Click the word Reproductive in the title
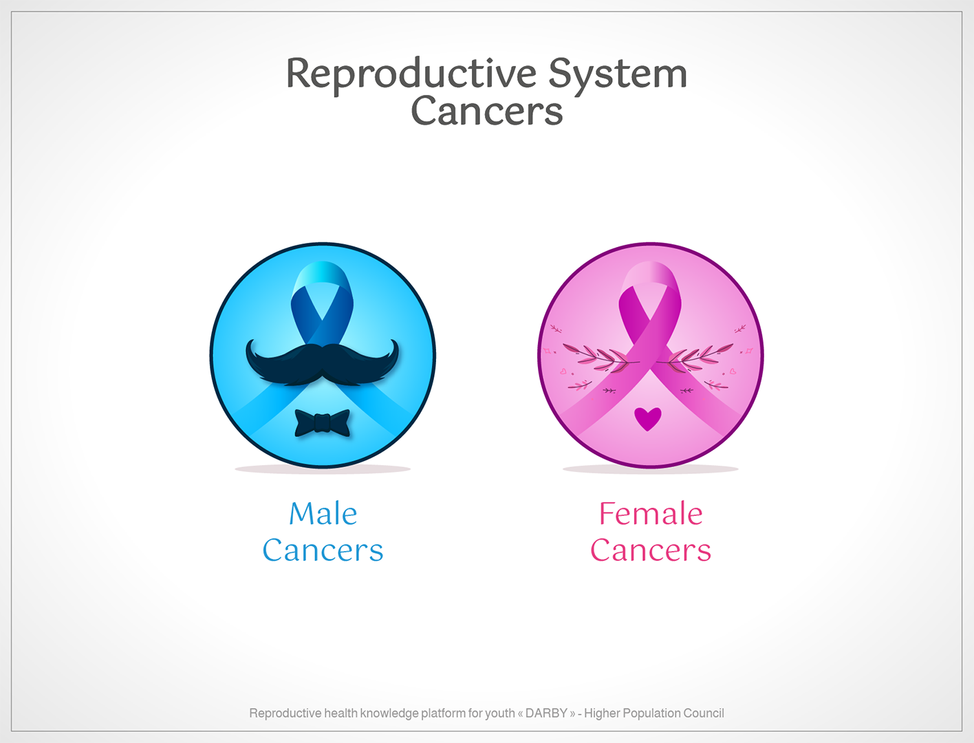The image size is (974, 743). click(411, 74)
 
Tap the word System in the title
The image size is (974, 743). click(617, 74)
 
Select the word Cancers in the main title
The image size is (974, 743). click(486, 111)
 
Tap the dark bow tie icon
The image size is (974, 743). click(322, 422)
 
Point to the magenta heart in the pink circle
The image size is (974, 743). click(647, 418)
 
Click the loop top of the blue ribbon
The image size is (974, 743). click(322, 275)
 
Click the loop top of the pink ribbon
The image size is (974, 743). click(650, 275)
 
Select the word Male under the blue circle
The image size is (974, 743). click(323, 514)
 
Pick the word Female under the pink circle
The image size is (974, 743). click(650, 514)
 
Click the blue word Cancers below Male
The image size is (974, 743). click(323, 550)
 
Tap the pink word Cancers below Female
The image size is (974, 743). click(650, 550)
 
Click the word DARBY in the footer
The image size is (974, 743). click(546, 713)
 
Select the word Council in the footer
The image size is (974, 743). click(703, 713)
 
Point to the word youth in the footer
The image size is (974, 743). click(499, 713)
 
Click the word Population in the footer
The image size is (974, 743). click(651, 713)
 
